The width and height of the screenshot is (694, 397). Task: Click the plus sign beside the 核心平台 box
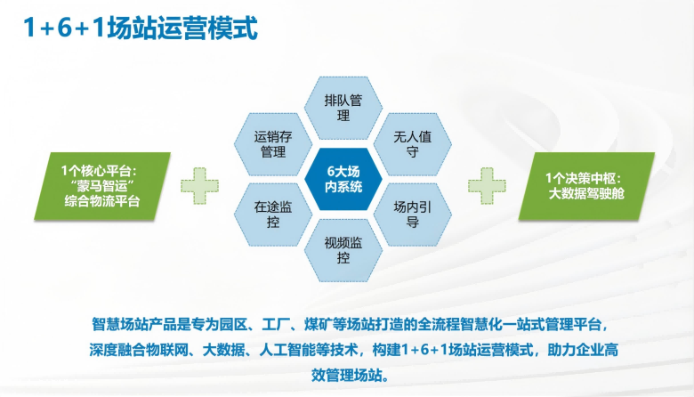coord(200,185)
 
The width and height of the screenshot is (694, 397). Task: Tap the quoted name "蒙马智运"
coord(96,185)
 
